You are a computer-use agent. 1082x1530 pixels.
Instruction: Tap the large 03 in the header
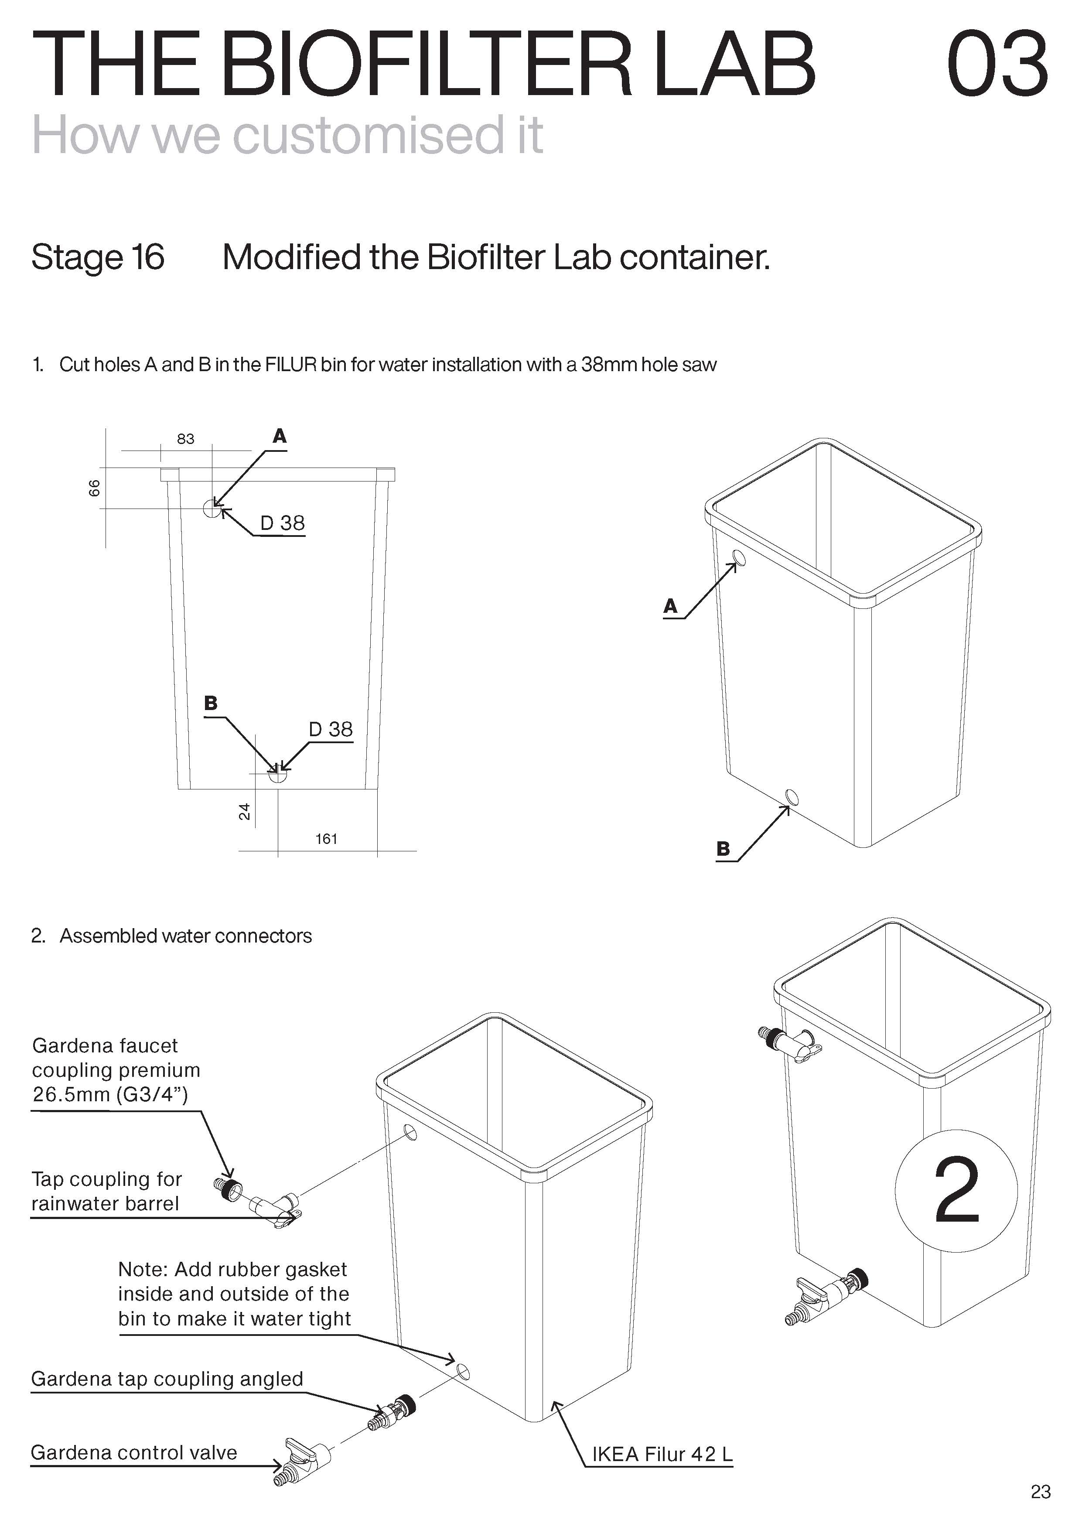(997, 64)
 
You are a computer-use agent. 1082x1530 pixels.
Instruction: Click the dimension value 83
(185, 438)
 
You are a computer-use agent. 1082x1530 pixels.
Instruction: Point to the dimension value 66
(95, 488)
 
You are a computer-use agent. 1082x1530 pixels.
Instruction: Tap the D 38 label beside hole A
(283, 523)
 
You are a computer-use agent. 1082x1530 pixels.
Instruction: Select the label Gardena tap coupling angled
(167, 1378)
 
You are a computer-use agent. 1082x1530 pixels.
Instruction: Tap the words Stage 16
(98, 257)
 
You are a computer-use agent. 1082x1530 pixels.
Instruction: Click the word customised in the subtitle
(369, 135)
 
